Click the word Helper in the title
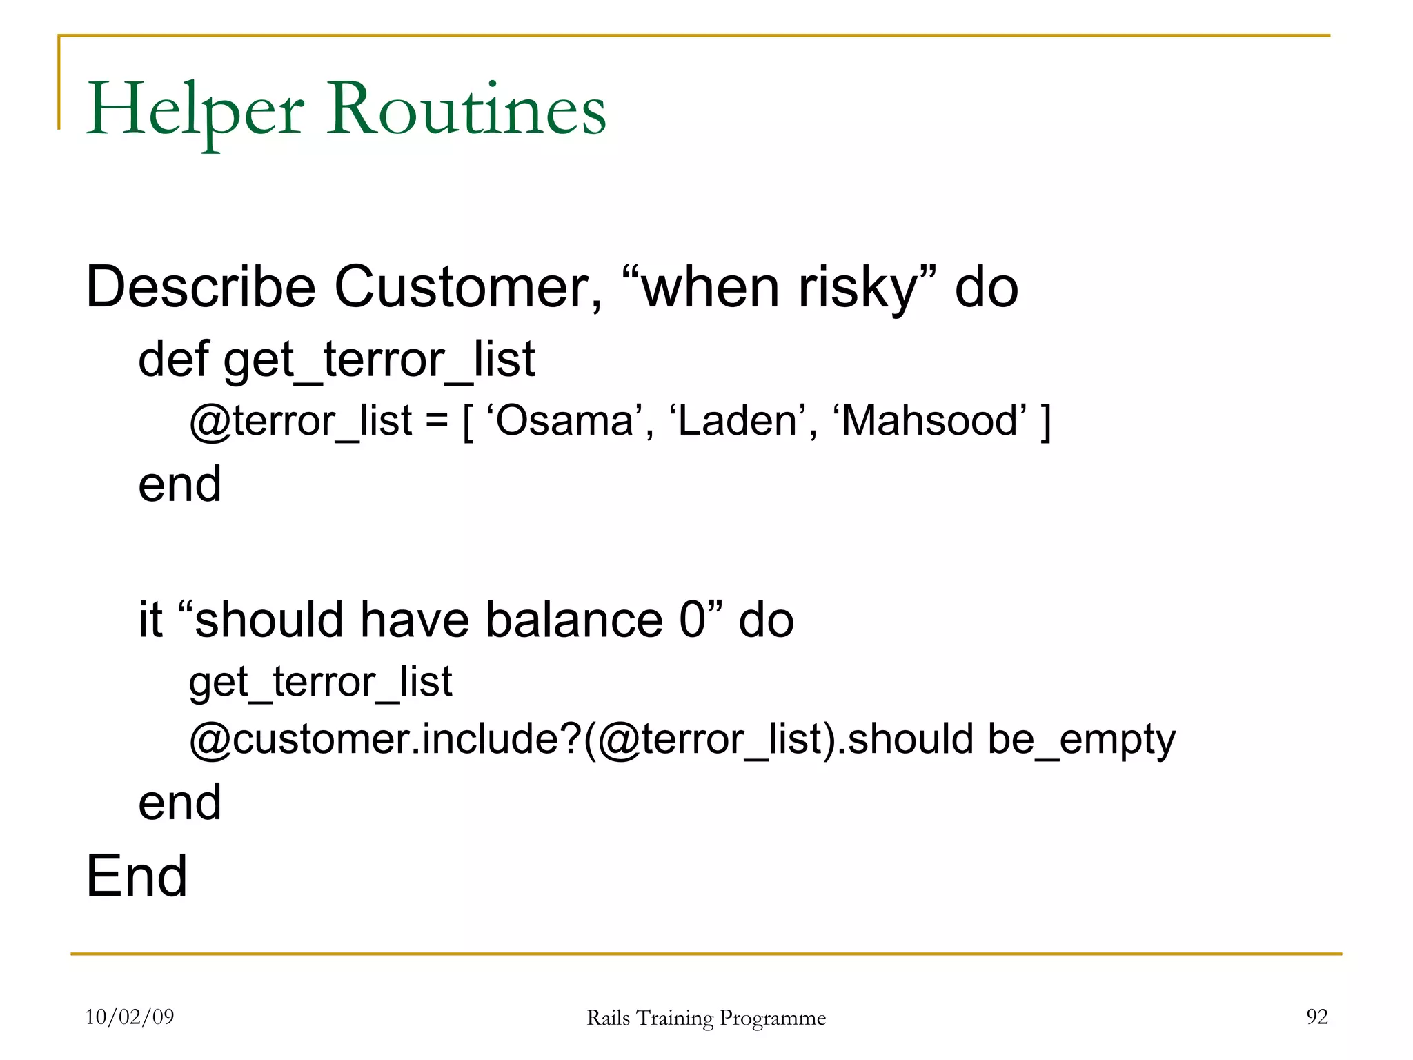pyautogui.click(x=195, y=110)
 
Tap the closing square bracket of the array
pyautogui.click(x=1045, y=422)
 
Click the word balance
pyautogui.click(x=574, y=619)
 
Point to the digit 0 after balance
pyautogui.click(x=693, y=619)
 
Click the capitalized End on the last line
pyautogui.click(x=137, y=876)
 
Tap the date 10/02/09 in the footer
pyautogui.click(x=130, y=1017)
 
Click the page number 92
pyautogui.click(x=1316, y=1017)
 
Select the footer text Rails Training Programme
pyautogui.click(x=706, y=1018)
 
